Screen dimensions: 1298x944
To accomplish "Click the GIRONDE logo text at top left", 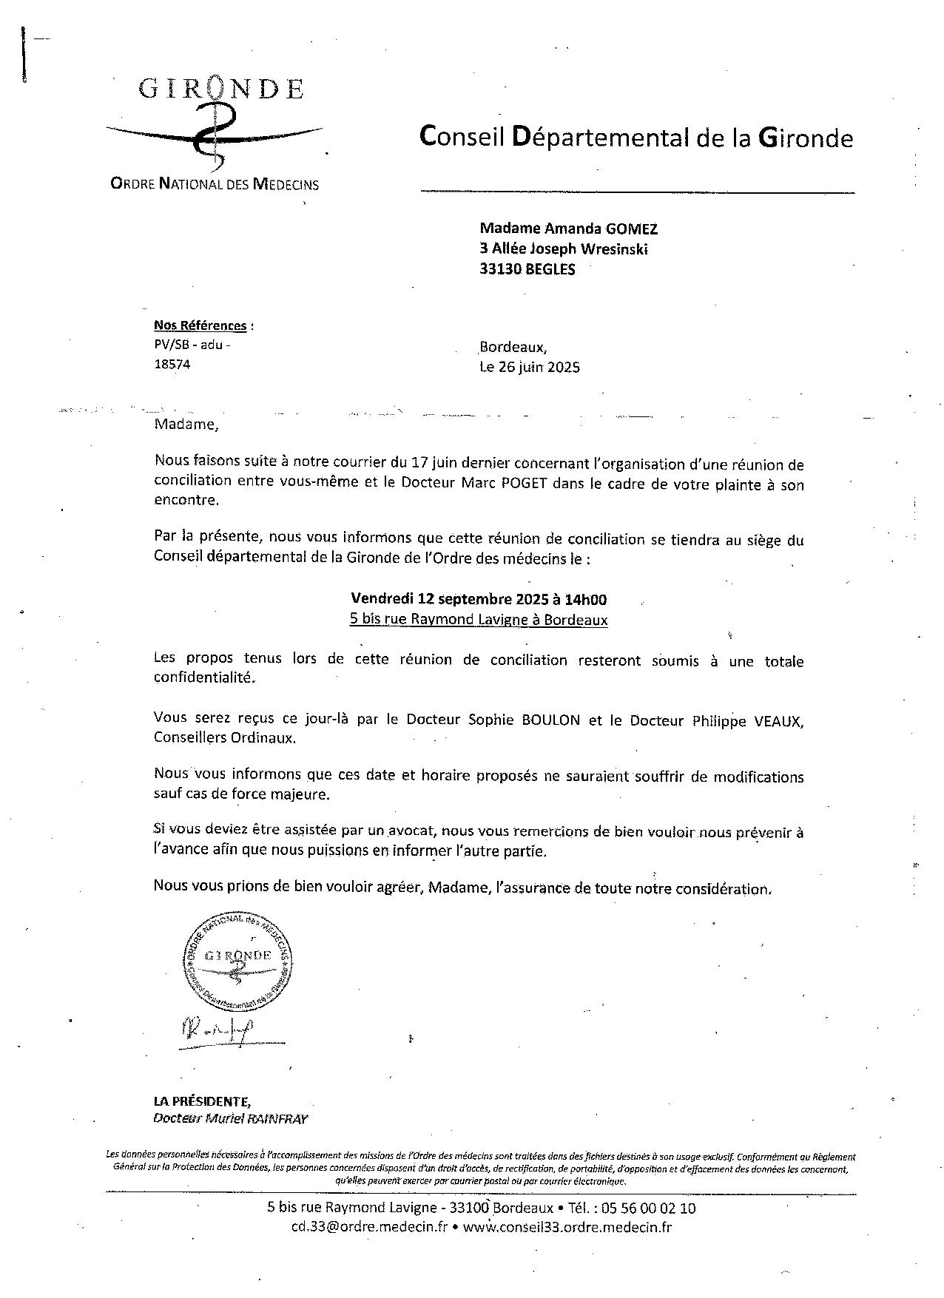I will click(221, 89).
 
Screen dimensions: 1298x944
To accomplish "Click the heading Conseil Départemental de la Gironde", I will click(636, 138).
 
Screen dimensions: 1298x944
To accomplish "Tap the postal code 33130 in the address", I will click(501, 269).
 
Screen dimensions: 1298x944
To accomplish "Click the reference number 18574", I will click(172, 364).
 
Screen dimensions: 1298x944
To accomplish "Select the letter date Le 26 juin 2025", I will click(530, 367).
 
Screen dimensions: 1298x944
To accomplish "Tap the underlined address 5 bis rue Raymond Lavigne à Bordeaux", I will click(479, 620).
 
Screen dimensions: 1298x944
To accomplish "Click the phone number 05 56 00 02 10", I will click(649, 1209).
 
